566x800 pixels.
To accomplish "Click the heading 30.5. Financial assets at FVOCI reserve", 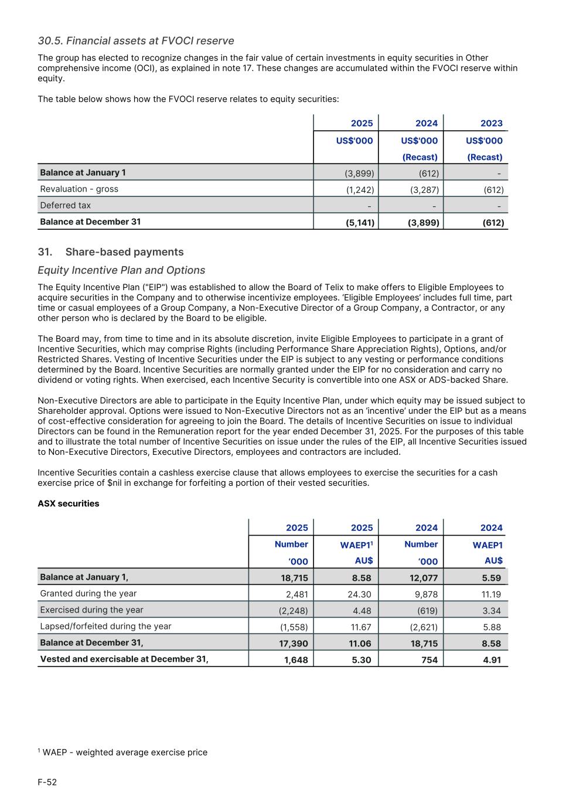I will point(136,40).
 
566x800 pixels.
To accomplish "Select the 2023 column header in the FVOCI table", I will point(491,123).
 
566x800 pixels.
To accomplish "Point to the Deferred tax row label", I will point(66,205).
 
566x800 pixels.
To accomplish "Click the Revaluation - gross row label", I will point(79,189).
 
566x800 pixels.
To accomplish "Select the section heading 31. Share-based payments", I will point(111,252).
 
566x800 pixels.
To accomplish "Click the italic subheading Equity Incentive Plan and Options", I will point(121,270).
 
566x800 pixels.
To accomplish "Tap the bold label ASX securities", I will point(69,503).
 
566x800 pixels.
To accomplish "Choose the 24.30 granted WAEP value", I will point(359,594).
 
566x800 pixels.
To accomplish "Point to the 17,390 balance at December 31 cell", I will point(294,644).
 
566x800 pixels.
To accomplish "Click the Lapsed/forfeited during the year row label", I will point(105,626).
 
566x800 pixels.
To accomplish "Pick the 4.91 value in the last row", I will point(492,660).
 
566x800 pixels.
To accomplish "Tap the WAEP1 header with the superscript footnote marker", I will point(356,545).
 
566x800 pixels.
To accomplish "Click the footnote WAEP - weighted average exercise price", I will point(124,752).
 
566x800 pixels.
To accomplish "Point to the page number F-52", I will point(47,782).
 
